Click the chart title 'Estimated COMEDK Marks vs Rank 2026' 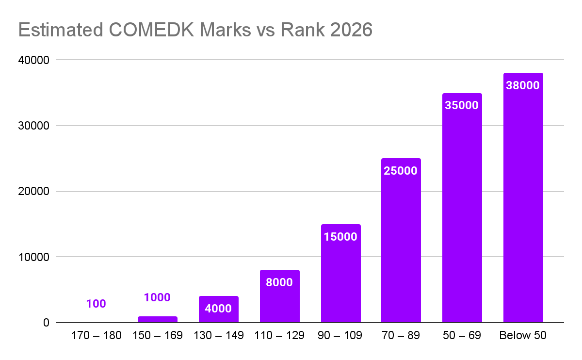click(195, 30)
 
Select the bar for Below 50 click(523, 204)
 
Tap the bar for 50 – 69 click(462, 213)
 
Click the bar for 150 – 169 click(157, 319)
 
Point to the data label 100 click(96, 304)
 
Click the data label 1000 click(157, 297)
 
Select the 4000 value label click(218, 309)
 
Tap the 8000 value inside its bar click(279, 282)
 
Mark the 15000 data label click(340, 237)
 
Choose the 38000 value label click(523, 85)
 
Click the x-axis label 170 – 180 click(96, 336)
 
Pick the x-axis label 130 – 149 click(218, 336)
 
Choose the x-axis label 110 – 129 click(279, 336)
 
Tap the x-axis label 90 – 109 click(340, 336)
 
